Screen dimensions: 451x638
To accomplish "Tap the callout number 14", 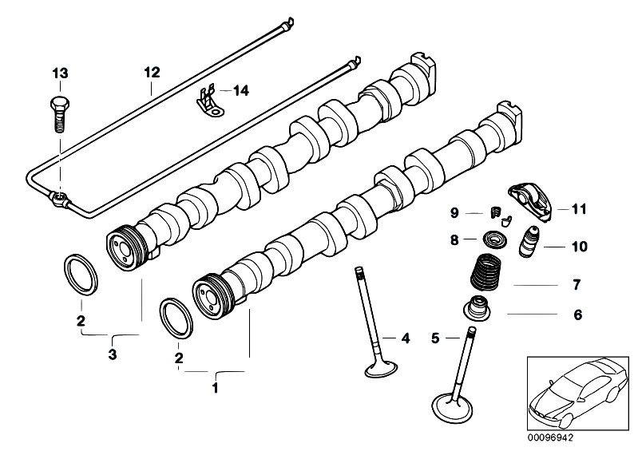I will (240, 91).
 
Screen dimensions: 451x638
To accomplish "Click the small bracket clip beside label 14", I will (209, 103).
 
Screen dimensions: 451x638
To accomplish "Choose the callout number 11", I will (578, 210).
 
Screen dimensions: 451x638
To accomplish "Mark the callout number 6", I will (578, 315).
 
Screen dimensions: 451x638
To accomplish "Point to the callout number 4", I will (405, 338).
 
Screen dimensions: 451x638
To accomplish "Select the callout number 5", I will (436, 338).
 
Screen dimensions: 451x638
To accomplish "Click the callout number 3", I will (113, 354).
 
